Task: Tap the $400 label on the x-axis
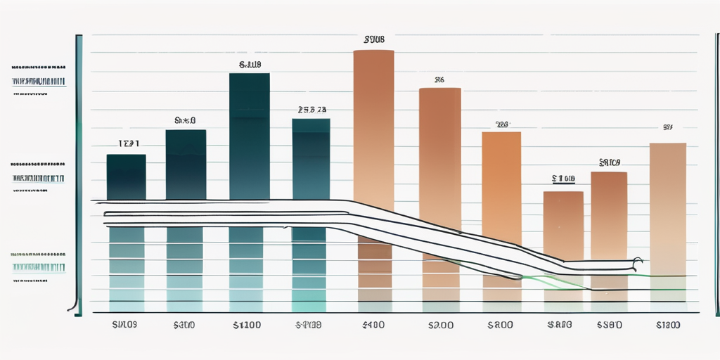click(x=373, y=326)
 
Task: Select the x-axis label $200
click(x=440, y=326)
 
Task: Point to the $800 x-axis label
click(x=501, y=326)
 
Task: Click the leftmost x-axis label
click(x=123, y=326)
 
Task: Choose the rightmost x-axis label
click(x=669, y=326)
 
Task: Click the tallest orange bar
click(x=373, y=127)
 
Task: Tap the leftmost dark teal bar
click(x=127, y=177)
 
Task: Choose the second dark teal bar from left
click(x=186, y=165)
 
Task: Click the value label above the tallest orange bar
click(x=374, y=40)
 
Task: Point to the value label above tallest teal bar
click(x=250, y=65)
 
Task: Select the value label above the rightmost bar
click(x=668, y=128)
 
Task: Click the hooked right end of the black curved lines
click(x=637, y=262)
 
